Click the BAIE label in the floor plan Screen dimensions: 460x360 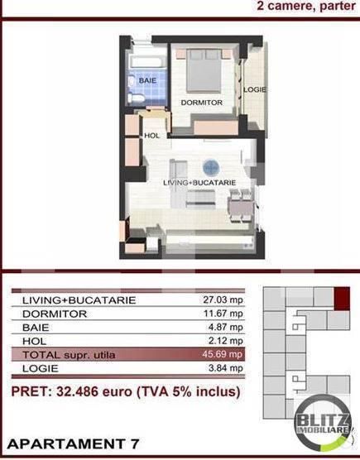click(147, 80)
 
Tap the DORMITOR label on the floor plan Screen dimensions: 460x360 click(201, 103)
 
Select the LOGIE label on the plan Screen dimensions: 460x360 click(254, 89)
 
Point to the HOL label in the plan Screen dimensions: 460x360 click(151, 136)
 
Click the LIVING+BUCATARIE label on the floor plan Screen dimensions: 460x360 click(199, 182)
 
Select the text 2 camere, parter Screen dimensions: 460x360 click(305, 6)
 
